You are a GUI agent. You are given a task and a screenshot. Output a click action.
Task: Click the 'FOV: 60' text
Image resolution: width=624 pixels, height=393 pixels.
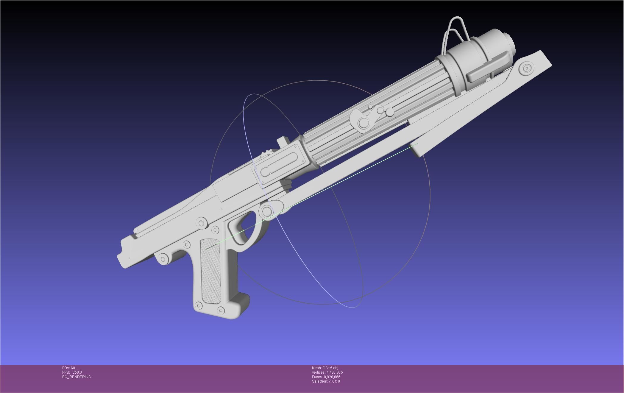tap(68, 368)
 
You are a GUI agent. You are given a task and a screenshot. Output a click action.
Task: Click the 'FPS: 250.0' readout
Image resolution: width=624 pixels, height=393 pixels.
tap(72, 372)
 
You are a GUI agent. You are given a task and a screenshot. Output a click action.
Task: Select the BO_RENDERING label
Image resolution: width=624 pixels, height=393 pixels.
tap(77, 377)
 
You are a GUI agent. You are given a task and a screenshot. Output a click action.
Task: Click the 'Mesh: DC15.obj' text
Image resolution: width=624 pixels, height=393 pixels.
tap(325, 368)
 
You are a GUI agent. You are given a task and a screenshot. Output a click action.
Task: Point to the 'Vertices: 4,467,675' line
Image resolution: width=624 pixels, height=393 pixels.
tap(327, 372)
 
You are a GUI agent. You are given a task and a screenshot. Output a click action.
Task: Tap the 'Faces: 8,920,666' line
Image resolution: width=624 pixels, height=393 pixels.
tap(326, 377)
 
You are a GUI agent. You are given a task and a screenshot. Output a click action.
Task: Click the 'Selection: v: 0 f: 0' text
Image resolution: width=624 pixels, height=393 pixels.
tap(326, 381)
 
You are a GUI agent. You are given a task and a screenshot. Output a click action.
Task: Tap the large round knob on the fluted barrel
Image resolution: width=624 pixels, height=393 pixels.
tap(364, 122)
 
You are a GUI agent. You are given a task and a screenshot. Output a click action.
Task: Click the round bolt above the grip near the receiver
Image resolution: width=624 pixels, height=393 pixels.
tap(202, 223)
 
